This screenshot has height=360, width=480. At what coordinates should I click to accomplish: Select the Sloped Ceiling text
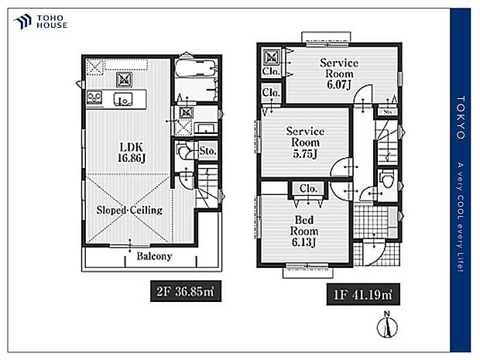pyautogui.click(x=129, y=210)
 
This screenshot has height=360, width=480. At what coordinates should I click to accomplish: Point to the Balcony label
pyautogui.click(x=154, y=256)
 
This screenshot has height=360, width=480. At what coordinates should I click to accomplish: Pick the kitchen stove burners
pyautogui.click(x=94, y=96)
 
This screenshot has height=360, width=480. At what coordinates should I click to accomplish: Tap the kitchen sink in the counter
pyautogui.click(x=122, y=98)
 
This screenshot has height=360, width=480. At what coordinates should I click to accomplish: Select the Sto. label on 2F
pyautogui.click(x=207, y=150)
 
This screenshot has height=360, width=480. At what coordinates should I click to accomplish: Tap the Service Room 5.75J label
pyautogui.click(x=304, y=143)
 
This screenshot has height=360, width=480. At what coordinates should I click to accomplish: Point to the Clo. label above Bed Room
pyautogui.click(x=307, y=188)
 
